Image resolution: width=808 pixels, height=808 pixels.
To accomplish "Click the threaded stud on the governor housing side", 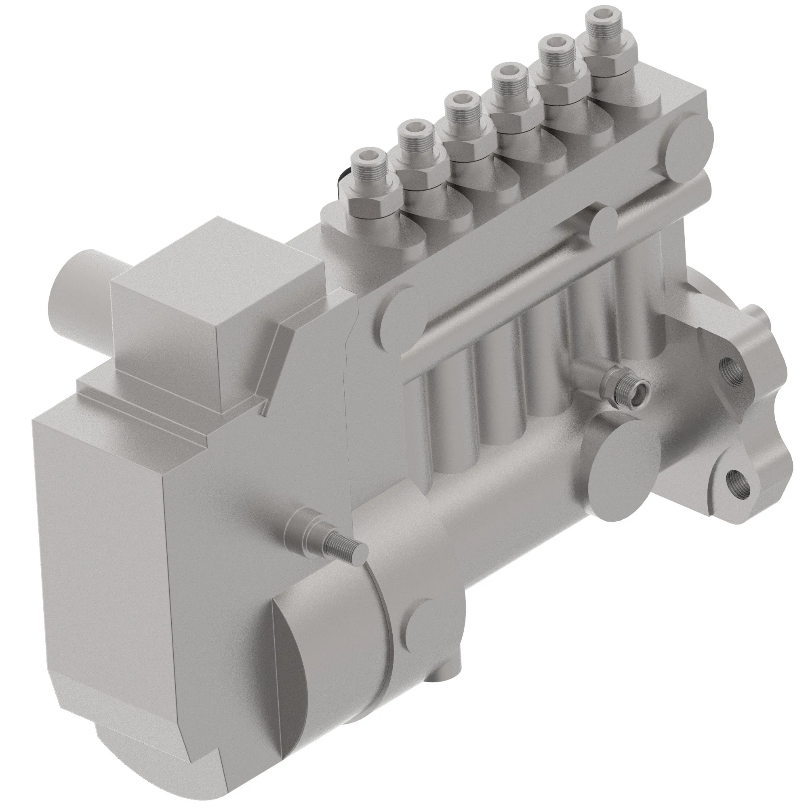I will (x=343, y=547).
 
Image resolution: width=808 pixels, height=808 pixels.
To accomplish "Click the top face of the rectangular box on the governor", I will (x=217, y=259).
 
